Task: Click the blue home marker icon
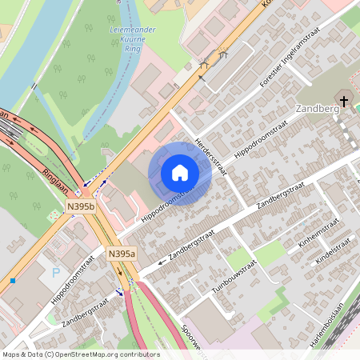coord(180,173)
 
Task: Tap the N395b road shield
coord(81,206)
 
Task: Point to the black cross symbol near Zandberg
coord(344,101)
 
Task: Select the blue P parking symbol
coord(55,274)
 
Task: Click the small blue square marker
coord(13,281)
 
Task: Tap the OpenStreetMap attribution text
coord(81,354)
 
